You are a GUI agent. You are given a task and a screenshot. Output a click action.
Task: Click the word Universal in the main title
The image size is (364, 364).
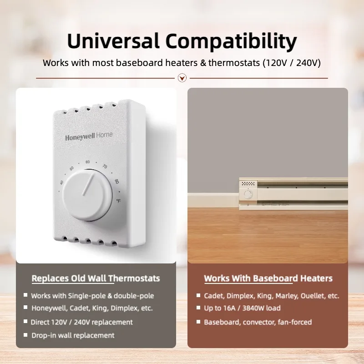(113, 41)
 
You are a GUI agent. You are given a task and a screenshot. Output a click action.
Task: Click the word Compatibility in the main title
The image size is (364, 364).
(231, 42)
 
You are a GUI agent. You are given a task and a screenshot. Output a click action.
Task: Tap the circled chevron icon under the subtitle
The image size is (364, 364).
(182, 78)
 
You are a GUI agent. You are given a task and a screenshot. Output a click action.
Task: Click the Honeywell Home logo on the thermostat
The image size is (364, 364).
(88, 136)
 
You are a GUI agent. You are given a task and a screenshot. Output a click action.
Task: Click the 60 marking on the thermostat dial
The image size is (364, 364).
(88, 162)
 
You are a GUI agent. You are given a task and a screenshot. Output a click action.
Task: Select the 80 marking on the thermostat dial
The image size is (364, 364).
(116, 182)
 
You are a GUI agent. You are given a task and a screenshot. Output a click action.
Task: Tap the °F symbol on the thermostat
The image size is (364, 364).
(118, 201)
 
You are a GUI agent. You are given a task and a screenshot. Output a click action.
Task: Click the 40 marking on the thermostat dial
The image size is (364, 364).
(61, 182)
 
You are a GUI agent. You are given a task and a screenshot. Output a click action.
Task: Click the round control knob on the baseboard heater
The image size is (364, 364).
(248, 195)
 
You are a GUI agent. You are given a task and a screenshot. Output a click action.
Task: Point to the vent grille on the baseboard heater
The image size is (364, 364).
(248, 184)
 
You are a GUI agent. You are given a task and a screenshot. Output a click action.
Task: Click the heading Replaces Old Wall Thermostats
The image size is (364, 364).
(96, 278)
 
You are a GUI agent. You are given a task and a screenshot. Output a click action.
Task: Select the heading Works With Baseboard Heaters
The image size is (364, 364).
(268, 278)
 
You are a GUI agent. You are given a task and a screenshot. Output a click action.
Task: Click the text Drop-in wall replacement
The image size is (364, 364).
(72, 335)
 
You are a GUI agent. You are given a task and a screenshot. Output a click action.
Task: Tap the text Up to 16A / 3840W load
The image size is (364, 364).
(242, 308)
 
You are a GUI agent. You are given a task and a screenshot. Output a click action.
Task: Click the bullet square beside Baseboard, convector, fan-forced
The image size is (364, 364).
(198, 322)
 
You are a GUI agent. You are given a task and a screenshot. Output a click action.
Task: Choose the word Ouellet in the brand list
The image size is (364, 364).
(310, 296)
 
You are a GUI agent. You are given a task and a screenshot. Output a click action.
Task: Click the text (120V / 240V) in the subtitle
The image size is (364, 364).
(291, 63)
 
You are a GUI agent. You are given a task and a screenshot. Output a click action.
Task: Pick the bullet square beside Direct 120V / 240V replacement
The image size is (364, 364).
(25, 322)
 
